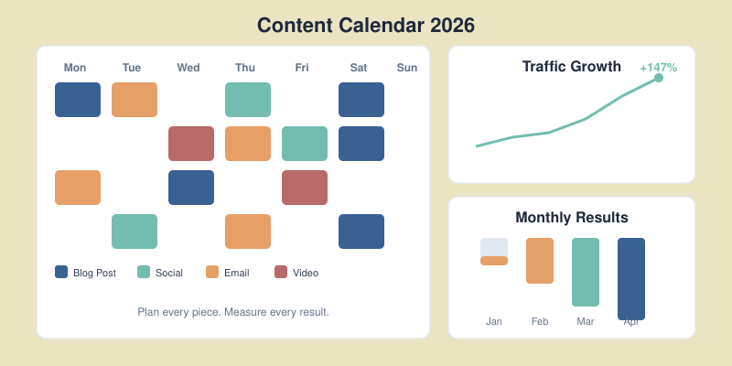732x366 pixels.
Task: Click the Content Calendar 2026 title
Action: (x=366, y=25)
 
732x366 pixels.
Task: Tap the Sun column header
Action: (x=407, y=68)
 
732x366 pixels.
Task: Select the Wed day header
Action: (x=188, y=68)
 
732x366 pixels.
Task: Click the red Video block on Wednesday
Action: (x=191, y=144)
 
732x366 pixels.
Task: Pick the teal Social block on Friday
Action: (x=305, y=144)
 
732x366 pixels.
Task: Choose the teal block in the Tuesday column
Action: (x=135, y=231)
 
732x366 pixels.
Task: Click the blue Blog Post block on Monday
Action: (x=78, y=100)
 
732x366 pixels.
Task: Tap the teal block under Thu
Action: (x=248, y=100)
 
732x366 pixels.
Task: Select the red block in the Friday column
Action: (x=305, y=188)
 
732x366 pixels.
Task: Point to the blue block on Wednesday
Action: (x=191, y=188)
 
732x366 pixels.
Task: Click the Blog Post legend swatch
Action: (x=61, y=272)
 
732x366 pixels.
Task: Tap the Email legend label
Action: (x=236, y=273)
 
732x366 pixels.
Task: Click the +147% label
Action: (x=658, y=68)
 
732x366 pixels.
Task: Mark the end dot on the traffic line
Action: (x=659, y=78)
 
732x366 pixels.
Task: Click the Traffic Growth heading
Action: (x=571, y=66)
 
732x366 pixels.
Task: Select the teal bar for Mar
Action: (x=586, y=272)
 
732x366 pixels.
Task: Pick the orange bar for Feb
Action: (x=540, y=261)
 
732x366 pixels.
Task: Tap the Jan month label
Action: (x=494, y=321)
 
